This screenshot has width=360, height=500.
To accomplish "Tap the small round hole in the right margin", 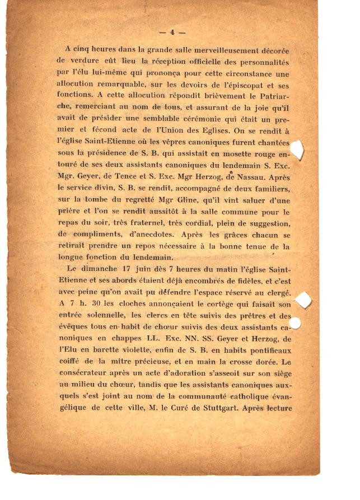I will (296, 323).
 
